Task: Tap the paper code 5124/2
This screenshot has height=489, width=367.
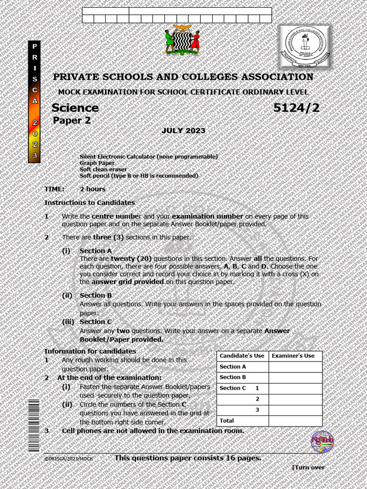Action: [x=296, y=108]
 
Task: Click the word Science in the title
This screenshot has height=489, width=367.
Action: [x=75, y=108]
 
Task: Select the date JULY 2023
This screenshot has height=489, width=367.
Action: [x=183, y=131]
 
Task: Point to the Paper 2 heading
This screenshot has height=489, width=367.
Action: [x=72, y=121]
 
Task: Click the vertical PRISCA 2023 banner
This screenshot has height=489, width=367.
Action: [x=34, y=102]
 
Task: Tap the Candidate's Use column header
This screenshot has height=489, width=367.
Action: [x=242, y=356]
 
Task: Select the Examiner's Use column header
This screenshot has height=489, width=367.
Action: [x=293, y=356]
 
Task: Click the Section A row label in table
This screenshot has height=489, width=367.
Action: [x=233, y=367]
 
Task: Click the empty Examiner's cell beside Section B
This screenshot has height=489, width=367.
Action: [x=295, y=377]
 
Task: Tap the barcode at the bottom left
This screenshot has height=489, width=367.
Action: [x=33, y=425]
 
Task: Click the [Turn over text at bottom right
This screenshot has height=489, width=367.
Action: [x=308, y=468]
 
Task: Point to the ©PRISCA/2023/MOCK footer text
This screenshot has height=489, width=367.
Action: [x=69, y=459]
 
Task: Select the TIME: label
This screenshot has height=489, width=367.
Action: [x=54, y=189]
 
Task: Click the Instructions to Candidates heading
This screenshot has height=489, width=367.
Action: [x=89, y=202]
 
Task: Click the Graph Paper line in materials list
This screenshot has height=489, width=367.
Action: [x=97, y=163]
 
